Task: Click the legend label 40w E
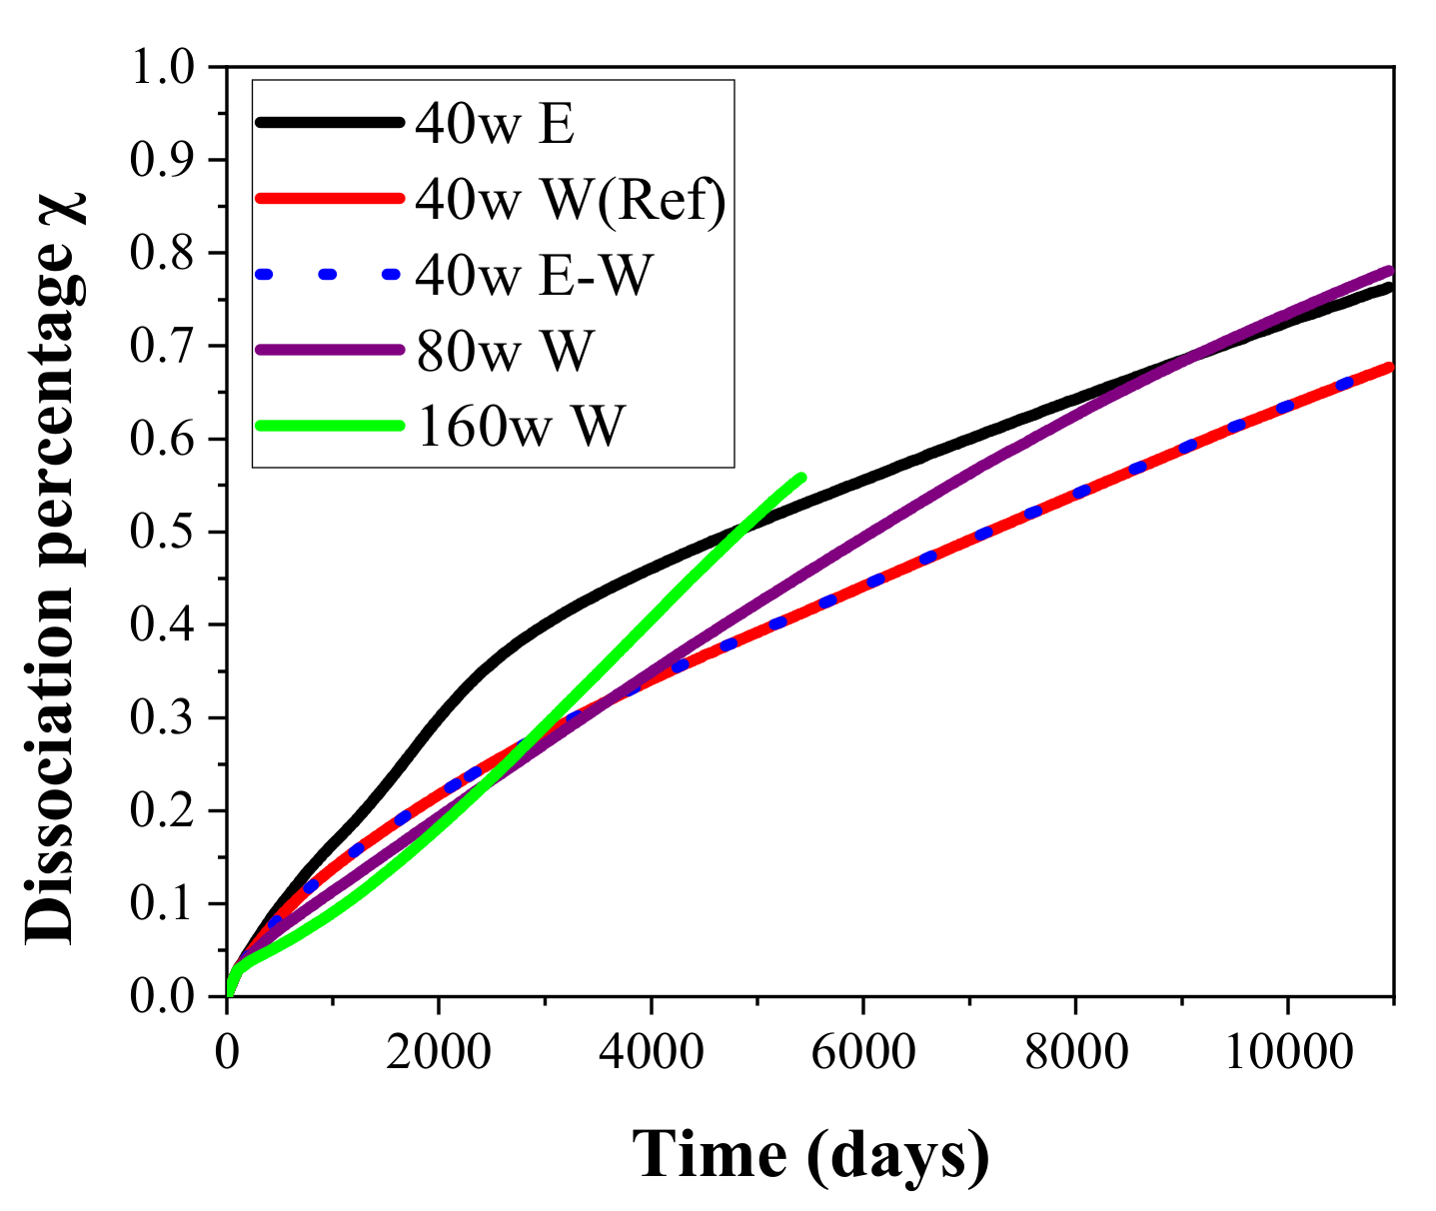click(495, 124)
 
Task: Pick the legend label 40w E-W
click(533, 275)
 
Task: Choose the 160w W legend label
click(519, 427)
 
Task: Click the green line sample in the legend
click(329, 426)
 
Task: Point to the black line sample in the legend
click(329, 123)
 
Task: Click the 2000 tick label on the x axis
click(439, 1051)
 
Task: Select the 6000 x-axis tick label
click(862, 1051)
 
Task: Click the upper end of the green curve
click(800, 477)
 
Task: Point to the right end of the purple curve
click(1390, 270)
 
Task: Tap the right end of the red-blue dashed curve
click(1390, 367)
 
